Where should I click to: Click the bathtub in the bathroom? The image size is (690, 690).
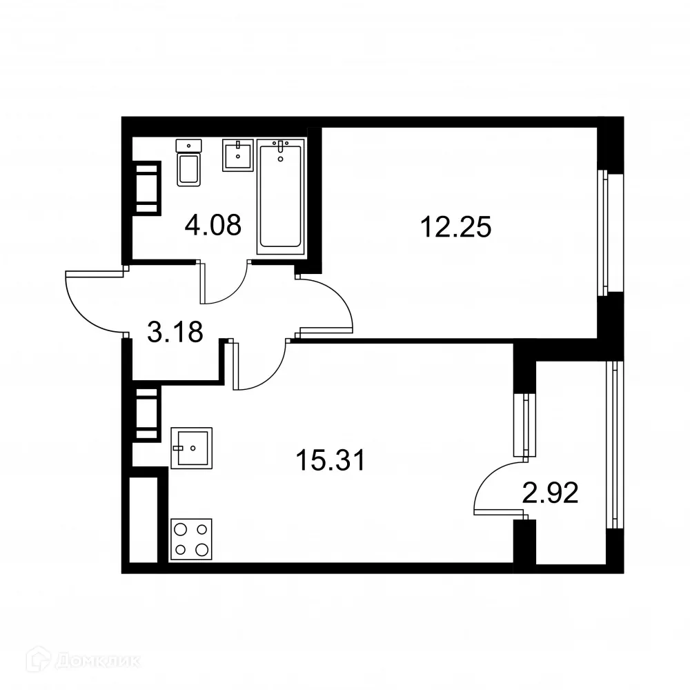pyautogui.click(x=280, y=196)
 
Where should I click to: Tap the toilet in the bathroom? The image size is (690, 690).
pyautogui.click(x=188, y=164)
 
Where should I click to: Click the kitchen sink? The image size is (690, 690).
pyautogui.click(x=191, y=448)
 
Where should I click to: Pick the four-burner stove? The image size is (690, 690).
pyautogui.click(x=191, y=540)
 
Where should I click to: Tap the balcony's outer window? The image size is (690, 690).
pyautogui.click(x=611, y=445)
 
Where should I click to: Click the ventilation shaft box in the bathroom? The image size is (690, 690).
pyautogui.click(x=146, y=188)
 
